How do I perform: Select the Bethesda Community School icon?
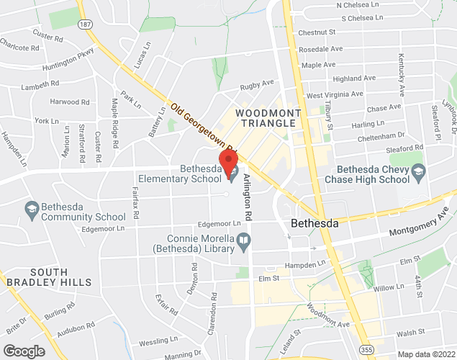32,209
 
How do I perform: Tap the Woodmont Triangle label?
265,118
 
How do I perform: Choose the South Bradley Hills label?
50,276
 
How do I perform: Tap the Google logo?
23,351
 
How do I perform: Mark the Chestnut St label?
317,32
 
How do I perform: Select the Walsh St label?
410,333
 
